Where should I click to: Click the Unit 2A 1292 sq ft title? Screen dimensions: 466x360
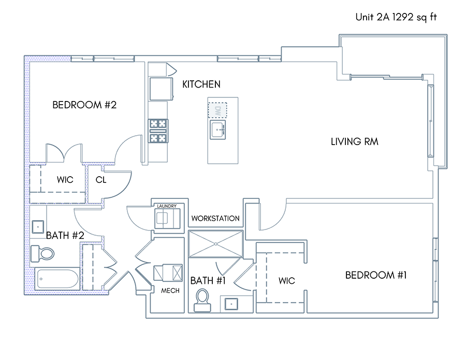(396, 17)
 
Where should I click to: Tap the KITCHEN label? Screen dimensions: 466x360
(201, 84)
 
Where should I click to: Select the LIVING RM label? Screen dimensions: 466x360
(355, 141)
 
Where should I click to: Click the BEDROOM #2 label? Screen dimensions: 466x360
(84, 105)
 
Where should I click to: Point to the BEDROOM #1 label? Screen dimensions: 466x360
(376, 275)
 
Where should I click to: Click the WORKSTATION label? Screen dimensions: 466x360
(215, 219)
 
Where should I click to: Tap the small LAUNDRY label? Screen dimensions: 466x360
(167, 206)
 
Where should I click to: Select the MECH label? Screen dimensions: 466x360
(170, 291)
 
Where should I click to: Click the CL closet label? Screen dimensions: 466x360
(101, 180)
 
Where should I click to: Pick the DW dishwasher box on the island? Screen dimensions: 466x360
(217, 110)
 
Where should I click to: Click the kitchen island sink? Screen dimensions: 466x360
(218, 129)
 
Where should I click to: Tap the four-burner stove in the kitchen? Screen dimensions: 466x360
(158, 131)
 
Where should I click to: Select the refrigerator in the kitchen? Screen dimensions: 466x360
(162, 89)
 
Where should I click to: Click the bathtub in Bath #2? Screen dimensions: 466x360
(57, 279)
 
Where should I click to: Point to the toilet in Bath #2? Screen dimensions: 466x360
(42, 254)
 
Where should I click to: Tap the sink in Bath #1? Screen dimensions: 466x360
(231, 304)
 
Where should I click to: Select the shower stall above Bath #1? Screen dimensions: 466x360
(216, 244)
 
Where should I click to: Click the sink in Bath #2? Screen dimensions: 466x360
(38, 227)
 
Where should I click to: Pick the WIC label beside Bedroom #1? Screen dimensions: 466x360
(287, 281)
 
